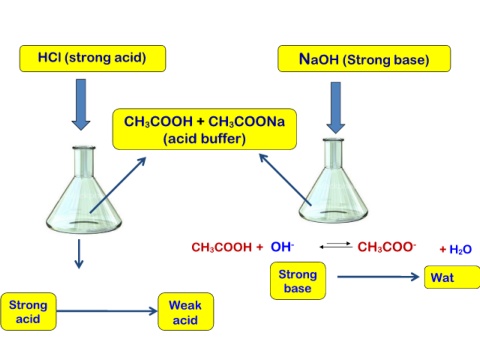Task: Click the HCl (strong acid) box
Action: [93, 59]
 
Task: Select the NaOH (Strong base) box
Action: [364, 59]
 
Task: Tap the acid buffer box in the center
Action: [205, 129]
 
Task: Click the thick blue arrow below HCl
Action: [81, 104]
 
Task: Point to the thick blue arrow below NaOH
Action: [336, 108]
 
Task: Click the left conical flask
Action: [84, 189]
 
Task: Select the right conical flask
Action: [333, 181]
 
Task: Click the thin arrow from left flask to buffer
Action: [118, 185]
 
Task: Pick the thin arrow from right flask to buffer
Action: [285, 179]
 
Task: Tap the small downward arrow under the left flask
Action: [79, 254]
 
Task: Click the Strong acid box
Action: [28, 312]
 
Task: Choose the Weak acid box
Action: [186, 312]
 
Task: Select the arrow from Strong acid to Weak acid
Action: [107, 311]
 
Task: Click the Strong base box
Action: [298, 281]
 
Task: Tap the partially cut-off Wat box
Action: [452, 277]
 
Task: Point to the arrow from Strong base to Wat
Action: [378, 277]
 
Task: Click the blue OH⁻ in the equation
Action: [282, 247]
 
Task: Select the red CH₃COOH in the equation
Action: [222, 247]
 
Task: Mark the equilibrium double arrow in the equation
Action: [336, 245]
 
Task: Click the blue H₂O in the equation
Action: [460, 249]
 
